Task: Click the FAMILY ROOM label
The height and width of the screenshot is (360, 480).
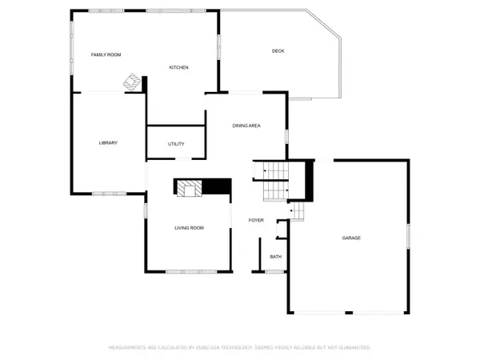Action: (105, 54)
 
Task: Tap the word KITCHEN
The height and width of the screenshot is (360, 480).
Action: (178, 67)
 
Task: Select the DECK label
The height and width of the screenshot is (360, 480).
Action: (278, 51)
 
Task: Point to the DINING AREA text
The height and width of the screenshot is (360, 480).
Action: (246, 126)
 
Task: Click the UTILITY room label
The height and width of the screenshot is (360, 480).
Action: (176, 144)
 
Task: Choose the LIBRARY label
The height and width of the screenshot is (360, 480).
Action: (108, 143)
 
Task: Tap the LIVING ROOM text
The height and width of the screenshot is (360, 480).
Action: (190, 228)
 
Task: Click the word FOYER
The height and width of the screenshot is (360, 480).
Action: (256, 220)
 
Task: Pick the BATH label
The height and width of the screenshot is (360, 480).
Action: (275, 257)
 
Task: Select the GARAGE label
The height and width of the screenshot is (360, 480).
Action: (352, 238)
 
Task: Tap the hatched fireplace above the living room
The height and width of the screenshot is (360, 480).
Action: (189, 187)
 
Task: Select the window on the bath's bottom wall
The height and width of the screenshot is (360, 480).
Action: (275, 272)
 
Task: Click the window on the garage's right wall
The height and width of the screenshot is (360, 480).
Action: (408, 235)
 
